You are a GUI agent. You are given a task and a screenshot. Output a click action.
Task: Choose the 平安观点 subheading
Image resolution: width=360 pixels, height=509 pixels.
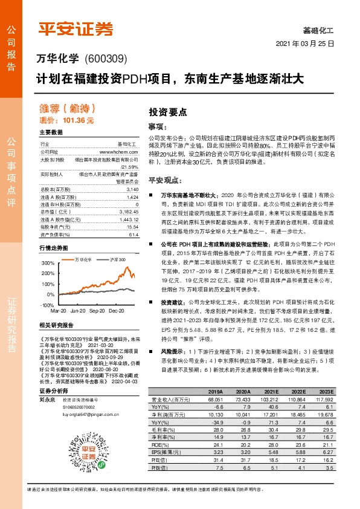click(x=166, y=180)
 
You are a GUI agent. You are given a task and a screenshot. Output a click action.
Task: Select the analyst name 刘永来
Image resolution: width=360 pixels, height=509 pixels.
click(x=47, y=416)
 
